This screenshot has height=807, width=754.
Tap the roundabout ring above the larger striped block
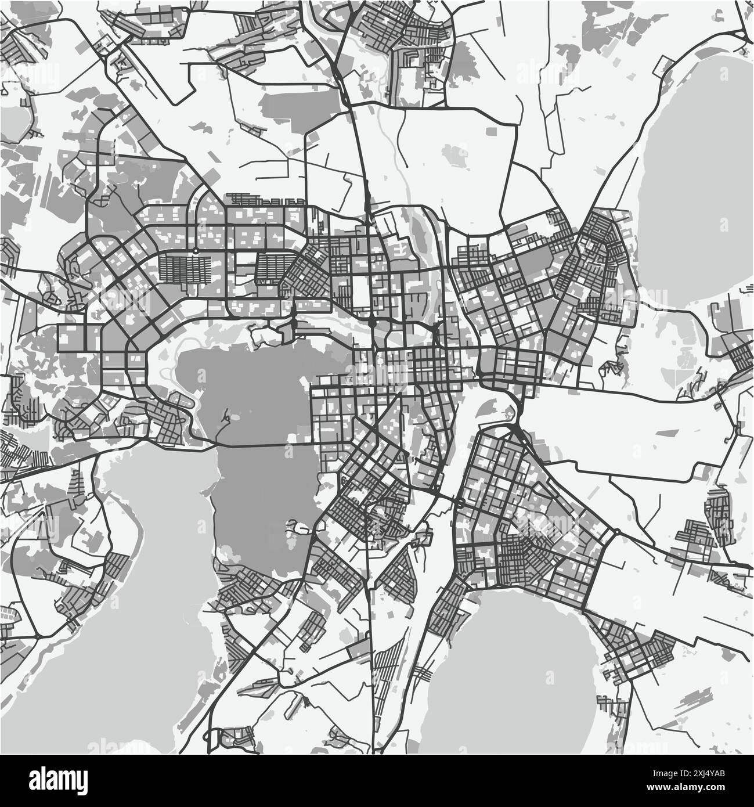196,251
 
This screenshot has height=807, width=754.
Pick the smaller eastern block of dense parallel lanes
273,268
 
